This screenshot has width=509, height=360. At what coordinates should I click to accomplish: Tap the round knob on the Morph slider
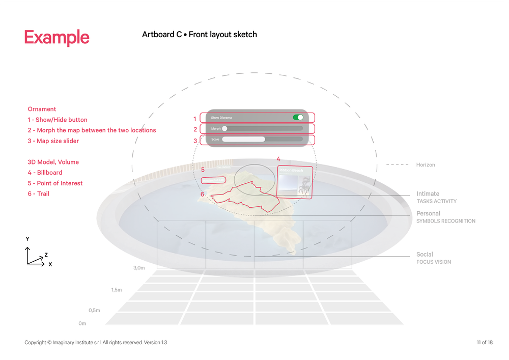pyautogui.click(x=224, y=129)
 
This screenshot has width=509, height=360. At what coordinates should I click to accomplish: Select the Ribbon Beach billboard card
pyautogui.click(x=295, y=181)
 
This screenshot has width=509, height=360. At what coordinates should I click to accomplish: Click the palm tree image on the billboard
pyautogui.click(x=305, y=187)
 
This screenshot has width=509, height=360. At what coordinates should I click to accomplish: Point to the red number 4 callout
pyautogui.click(x=278, y=159)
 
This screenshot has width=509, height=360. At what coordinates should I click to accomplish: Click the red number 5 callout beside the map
pyautogui.click(x=203, y=170)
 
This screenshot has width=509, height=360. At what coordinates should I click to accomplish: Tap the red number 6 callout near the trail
pyautogui.click(x=202, y=194)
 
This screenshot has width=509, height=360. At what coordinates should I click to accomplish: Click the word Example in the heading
pyautogui.click(x=56, y=38)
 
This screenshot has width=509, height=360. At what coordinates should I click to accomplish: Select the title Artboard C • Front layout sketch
pyautogui.click(x=200, y=35)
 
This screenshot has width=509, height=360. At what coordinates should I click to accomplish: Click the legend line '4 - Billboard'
pyautogui.click(x=45, y=173)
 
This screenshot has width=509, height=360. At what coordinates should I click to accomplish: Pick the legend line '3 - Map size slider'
pyautogui.click(x=53, y=141)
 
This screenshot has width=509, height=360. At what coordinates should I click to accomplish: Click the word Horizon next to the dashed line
pyautogui.click(x=426, y=165)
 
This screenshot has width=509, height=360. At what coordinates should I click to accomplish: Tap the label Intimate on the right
pyautogui.click(x=428, y=194)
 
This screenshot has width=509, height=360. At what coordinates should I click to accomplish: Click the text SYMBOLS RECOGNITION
pyautogui.click(x=446, y=221)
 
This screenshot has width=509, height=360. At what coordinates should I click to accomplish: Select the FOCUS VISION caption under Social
pyautogui.click(x=434, y=262)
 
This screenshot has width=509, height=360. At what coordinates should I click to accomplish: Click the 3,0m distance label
pyautogui.click(x=139, y=267)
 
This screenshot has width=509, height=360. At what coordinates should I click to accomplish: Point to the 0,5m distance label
pyautogui.click(x=94, y=310)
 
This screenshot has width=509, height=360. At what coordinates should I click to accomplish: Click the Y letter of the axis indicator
pyautogui.click(x=27, y=239)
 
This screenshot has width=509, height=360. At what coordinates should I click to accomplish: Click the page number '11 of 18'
pyautogui.click(x=484, y=343)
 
